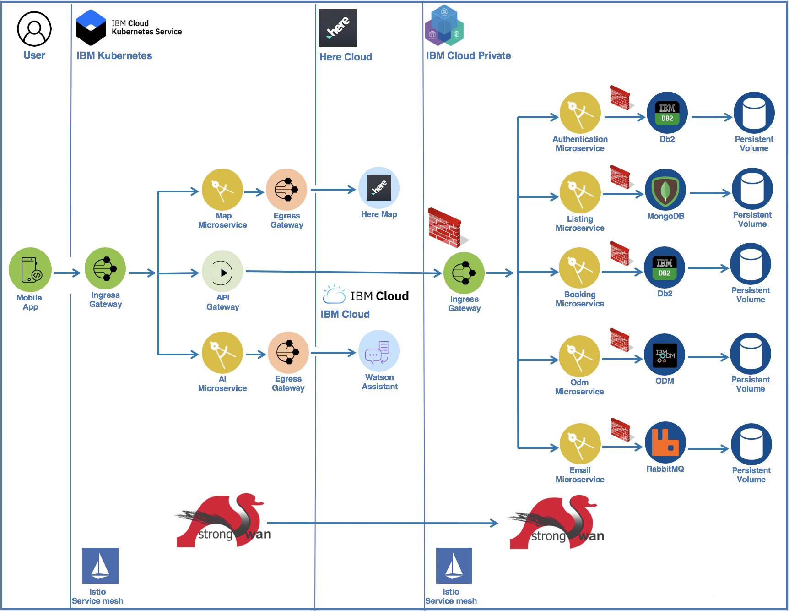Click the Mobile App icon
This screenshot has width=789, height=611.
(x=30, y=270)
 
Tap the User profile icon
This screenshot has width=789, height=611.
(x=34, y=29)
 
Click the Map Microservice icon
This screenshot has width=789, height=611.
(x=222, y=189)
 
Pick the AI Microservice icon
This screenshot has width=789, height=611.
(x=222, y=353)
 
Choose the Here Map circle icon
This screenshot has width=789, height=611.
(x=379, y=188)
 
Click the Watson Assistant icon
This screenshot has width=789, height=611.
(x=379, y=351)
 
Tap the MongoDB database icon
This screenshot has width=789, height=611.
(x=665, y=190)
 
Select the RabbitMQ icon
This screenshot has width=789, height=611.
(x=665, y=442)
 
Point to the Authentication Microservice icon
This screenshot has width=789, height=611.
(x=580, y=113)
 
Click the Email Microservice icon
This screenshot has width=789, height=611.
(x=580, y=444)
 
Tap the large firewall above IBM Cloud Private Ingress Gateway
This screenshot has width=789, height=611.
(x=446, y=228)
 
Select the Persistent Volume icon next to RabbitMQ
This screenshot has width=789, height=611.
(x=751, y=444)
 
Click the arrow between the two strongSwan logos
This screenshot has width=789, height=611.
(x=382, y=523)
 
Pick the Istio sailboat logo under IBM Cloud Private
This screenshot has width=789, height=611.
(x=454, y=566)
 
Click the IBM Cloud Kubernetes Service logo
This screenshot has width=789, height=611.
(x=91, y=27)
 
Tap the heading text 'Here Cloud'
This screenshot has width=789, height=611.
(x=346, y=57)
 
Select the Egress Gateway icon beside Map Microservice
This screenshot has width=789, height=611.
(x=286, y=189)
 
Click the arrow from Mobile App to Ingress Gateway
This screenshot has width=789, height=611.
(x=67, y=273)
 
